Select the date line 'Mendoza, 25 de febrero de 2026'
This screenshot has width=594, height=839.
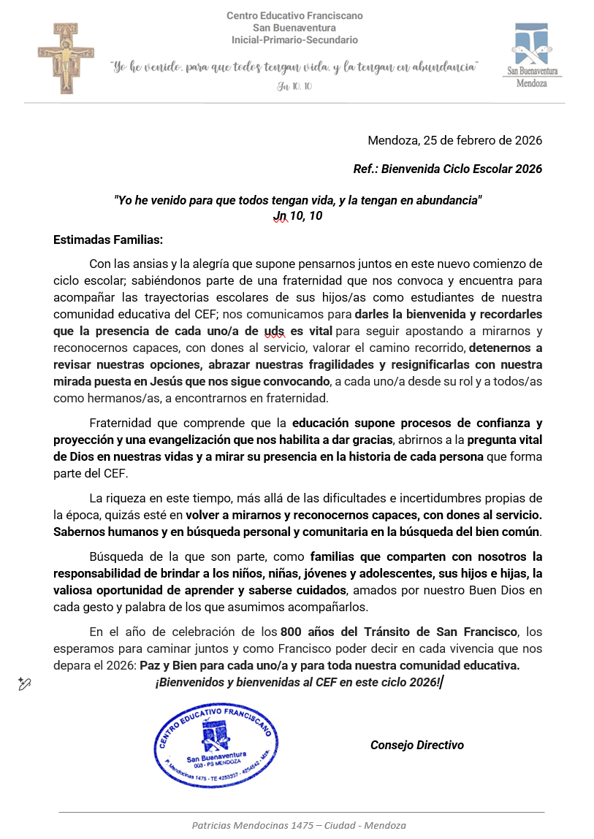pyautogui.click(x=454, y=140)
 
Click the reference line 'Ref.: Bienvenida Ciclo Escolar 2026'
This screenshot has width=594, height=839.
pyautogui.click(x=447, y=169)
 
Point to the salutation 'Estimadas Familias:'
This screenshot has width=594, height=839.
pyautogui.click(x=108, y=239)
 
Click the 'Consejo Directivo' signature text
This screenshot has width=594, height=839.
pyautogui.click(x=416, y=745)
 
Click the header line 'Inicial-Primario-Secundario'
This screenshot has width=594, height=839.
pyautogui.click(x=294, y=39)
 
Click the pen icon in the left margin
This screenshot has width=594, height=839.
pyautogui.click(x=25, y=683)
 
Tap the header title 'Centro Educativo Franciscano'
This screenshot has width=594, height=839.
pyautogui.click(x=294, y=15)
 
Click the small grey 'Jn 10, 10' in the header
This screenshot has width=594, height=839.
pyautogui.click(x=294, y=86)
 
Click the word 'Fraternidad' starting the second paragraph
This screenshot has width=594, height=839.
pyautogui.click(x=120, y=423)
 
